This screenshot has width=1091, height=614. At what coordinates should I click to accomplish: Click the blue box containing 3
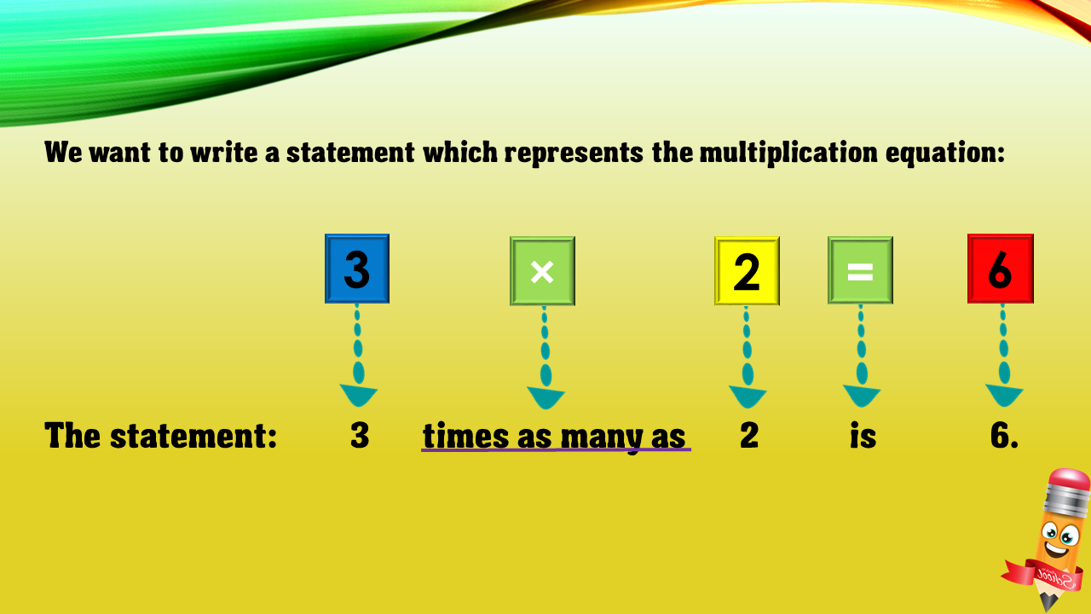357,269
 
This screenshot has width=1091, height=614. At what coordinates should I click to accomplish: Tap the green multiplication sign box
543,271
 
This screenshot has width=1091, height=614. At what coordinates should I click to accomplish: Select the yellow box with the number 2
748,271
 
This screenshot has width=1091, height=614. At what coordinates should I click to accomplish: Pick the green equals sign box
860,270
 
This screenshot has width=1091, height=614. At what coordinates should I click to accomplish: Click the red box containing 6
1001,269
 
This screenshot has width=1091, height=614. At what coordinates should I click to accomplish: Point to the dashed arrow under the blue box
358,356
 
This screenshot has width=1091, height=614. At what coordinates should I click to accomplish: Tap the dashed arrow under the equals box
862,356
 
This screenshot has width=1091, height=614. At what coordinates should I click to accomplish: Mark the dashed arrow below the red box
1004,356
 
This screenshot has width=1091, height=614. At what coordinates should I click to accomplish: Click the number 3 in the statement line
360,435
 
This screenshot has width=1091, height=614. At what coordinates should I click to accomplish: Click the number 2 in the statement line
749,435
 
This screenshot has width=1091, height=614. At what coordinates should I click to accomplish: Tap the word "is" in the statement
863,435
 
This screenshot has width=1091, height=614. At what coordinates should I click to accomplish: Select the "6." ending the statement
1004,435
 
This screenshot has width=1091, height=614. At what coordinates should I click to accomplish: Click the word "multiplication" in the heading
788,153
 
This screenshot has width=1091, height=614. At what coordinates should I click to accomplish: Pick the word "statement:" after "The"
193,435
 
